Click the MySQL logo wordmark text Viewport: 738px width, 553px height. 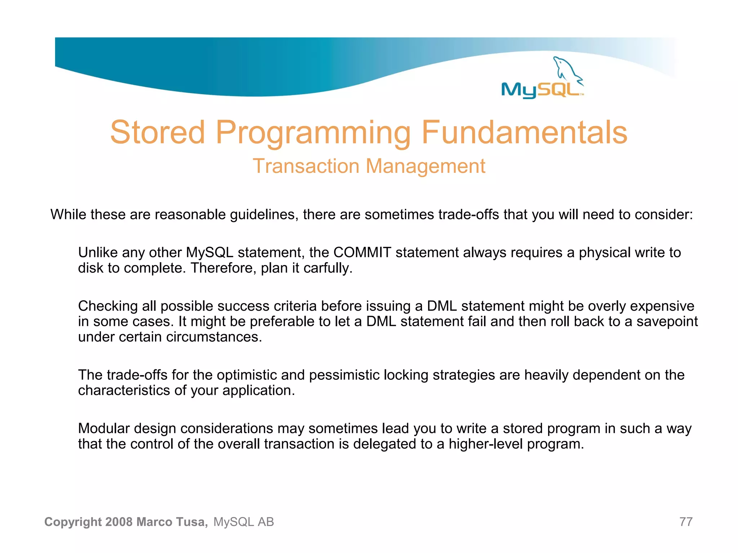coord(541,90)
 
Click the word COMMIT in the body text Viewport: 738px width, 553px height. coord(362,252)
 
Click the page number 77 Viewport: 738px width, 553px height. coord(686,522)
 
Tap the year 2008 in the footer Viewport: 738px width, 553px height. coord(119,522)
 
